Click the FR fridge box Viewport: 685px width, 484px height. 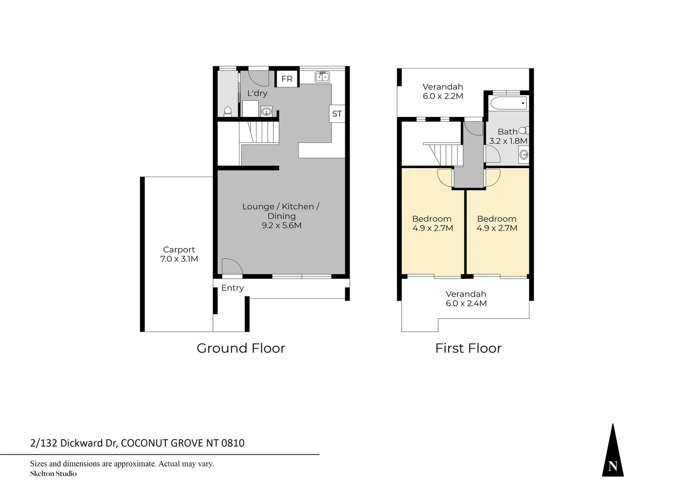(x=287, y=79)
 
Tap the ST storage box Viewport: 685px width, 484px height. (x=337, y=114)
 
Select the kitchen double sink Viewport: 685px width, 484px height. (x=322, y=77)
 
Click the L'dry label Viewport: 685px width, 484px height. (x=257, y=93)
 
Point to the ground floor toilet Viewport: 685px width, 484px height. (x=228, y=111)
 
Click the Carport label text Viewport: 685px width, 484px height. (x=179, y=250)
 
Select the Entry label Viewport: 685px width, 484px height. (x=232, y=288)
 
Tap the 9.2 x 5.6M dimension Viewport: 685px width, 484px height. (x=282, y=225)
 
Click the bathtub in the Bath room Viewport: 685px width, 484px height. (x=509, y=104)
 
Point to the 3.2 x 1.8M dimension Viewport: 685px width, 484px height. (x=508, y=141)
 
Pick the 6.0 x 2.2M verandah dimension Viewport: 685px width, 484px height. (x=442, y=96)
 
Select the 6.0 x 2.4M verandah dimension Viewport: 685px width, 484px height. (x=466, y=303)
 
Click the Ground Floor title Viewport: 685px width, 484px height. (x=241, y=348)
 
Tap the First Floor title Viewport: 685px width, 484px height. (x=468, y=348)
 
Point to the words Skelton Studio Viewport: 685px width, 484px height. (x=53, y=474)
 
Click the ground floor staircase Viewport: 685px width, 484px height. (x=259, y=133)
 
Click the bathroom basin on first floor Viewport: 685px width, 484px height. (x=523, y=156)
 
